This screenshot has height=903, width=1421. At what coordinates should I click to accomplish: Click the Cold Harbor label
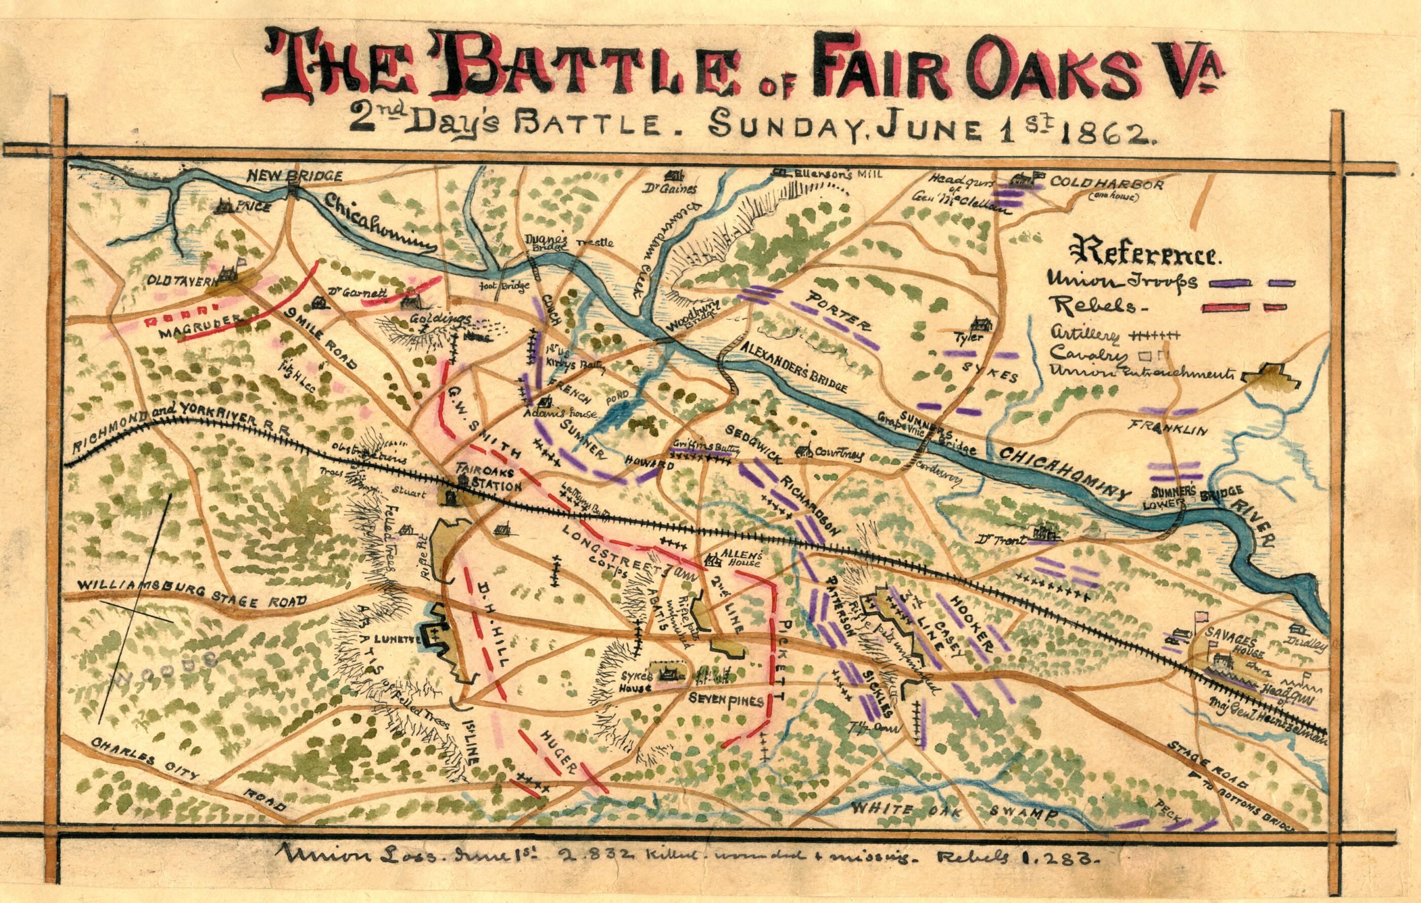pos(1105,185)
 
